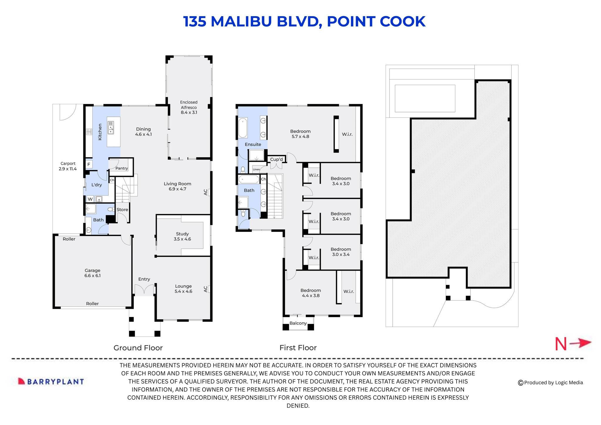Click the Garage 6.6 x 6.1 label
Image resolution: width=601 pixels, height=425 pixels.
(92, 273)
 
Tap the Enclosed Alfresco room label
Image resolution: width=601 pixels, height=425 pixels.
(189, 107)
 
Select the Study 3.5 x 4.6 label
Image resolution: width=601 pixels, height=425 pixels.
(182, 236)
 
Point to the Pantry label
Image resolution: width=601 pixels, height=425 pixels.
(121, 168)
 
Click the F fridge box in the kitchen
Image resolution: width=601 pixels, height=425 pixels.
(89, 164)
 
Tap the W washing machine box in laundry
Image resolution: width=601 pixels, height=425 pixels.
(90, 199)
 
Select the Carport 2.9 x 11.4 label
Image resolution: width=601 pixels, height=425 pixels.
(68, 166)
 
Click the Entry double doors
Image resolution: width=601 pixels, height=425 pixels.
(144, 290)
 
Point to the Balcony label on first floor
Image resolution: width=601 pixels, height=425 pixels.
(298, 323)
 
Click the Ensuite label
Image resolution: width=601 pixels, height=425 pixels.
(253, 144)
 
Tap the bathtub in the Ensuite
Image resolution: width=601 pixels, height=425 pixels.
(243, 128)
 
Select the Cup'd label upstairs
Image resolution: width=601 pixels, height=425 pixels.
(276, 159)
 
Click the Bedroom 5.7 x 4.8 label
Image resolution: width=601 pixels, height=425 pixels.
(300, 134)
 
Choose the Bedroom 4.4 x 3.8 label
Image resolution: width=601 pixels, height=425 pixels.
(310, 293)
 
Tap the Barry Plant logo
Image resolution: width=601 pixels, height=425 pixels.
(51, 382)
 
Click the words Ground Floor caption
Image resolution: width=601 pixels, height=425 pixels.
(138, 348)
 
